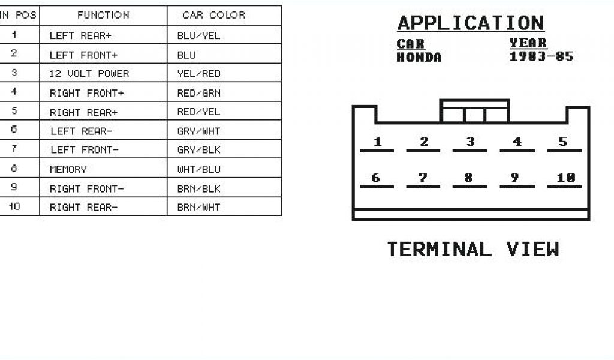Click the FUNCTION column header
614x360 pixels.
click(x=103, y=15)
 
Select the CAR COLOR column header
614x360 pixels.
click(x=214, y=15)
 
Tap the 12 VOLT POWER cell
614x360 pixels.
click(x=89, y=74)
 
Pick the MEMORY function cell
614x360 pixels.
click(x=68, y=169)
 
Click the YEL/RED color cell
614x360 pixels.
click(x=198, y=74)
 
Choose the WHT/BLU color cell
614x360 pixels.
click(x=198, y=169)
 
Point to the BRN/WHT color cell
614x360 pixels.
click(x=198, y=208)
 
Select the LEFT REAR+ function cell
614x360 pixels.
click(x=80, y=35)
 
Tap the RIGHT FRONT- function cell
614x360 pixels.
click(x=86, y=188)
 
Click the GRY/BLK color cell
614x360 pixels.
click(x=198, y=150)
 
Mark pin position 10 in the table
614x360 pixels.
click(x=14, y=208)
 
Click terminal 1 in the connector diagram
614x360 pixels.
click(x=377, y=143)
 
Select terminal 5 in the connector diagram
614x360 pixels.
click(x=563, y=143)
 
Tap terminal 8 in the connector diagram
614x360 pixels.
click(x=469, y=178)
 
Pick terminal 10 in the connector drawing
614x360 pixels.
click(x=565, y=178)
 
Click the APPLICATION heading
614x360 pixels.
click(x=471, y=23)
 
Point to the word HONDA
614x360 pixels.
click(x=419, y=58)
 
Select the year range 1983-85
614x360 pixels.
click(x=541, y=57)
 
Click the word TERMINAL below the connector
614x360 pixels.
click(x=438, y=249)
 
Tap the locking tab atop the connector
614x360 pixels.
click(x=474, y=112)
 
